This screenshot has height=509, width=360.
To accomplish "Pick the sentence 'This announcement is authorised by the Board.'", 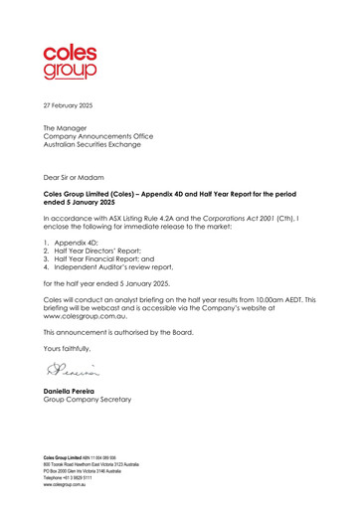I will pyautogui.click(x=118, y=335).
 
